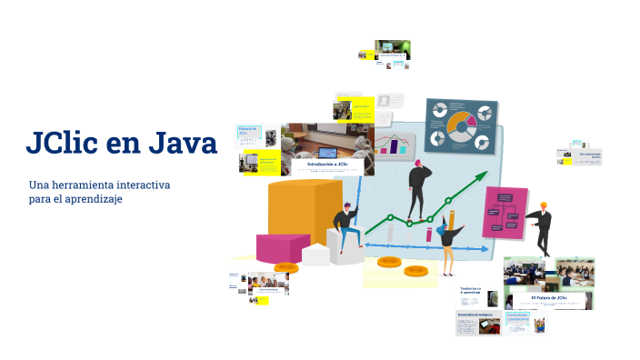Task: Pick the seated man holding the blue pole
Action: (345, 227)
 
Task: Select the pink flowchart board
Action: (505, 212)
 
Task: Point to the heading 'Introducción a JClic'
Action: (326, 164)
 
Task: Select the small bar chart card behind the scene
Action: (395, 144)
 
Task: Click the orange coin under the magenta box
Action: (286, 267)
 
